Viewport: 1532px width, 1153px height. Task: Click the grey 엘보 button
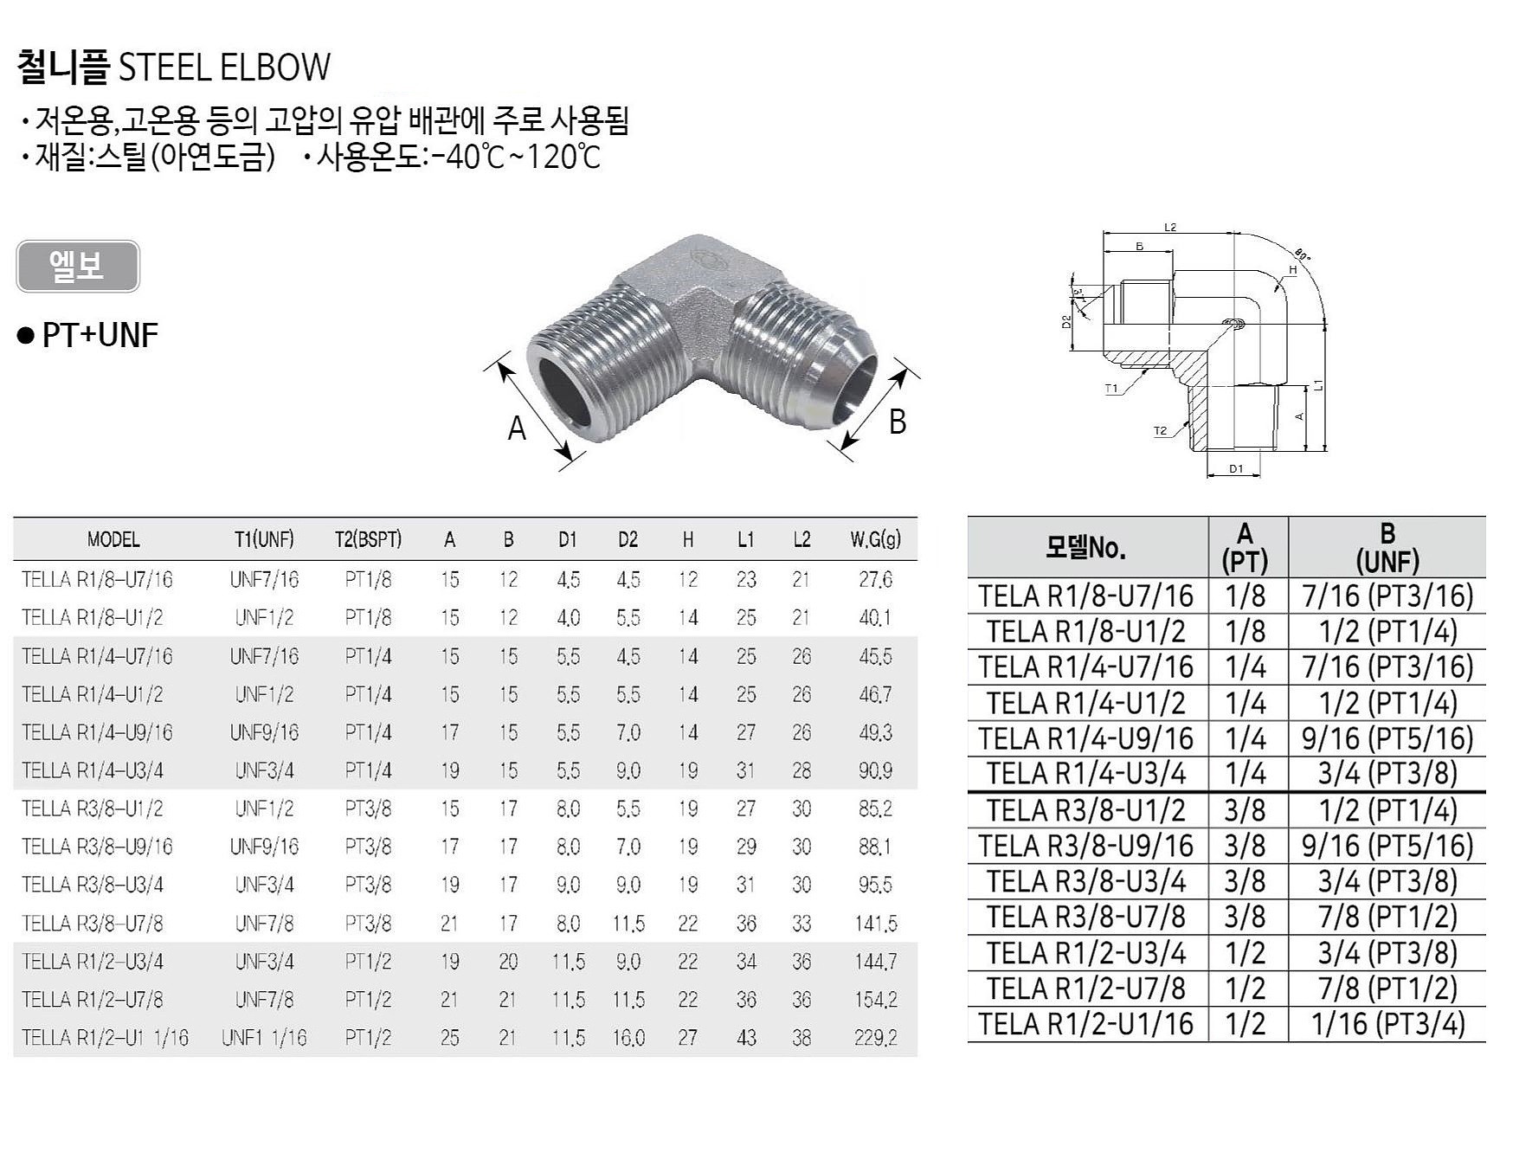[77, 266]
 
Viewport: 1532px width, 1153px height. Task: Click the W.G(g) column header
[875, 539]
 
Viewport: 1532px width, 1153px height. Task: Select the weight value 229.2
[875, 1037]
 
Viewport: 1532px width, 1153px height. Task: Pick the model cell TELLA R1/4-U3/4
[93, 770]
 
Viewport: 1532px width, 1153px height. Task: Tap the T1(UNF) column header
[264, 539]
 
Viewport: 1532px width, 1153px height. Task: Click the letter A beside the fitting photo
[517, 428]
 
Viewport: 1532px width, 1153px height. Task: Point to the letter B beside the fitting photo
[898, 422]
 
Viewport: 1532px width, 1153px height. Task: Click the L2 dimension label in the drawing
[1170, 228]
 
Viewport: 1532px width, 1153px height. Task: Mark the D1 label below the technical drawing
[1236, 468]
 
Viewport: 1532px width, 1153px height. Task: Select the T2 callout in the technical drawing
[1160, 431]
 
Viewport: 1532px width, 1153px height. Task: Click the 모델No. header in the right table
[1086, 548]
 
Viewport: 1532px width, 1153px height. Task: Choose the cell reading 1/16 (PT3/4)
[1387, 1024]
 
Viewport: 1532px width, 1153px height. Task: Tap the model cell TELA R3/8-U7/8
[1085, 917]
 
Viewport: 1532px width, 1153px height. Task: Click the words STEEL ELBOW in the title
[224, 68]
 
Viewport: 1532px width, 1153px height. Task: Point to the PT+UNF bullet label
[100, 335]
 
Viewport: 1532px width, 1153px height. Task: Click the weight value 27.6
[875, 579]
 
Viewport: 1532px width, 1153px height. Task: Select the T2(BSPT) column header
[368, 539]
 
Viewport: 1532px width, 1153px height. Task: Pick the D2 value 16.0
[628, 1037]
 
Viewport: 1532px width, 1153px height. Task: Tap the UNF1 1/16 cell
[264, 1037]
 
